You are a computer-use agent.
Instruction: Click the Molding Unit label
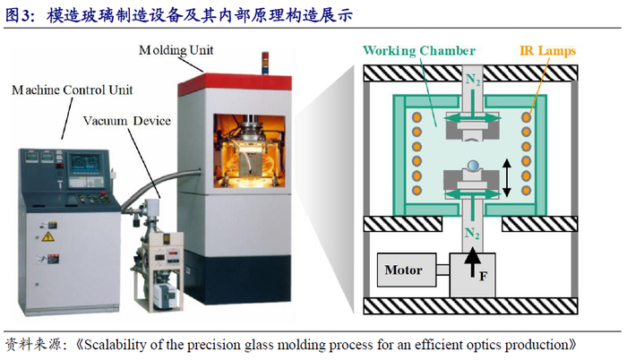pyautogui.click(x=176, y=50)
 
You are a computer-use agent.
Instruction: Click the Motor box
pyautogui.click(x=403, y=270)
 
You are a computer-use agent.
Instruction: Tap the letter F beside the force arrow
pyautogui.click(x=483, y=276)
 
